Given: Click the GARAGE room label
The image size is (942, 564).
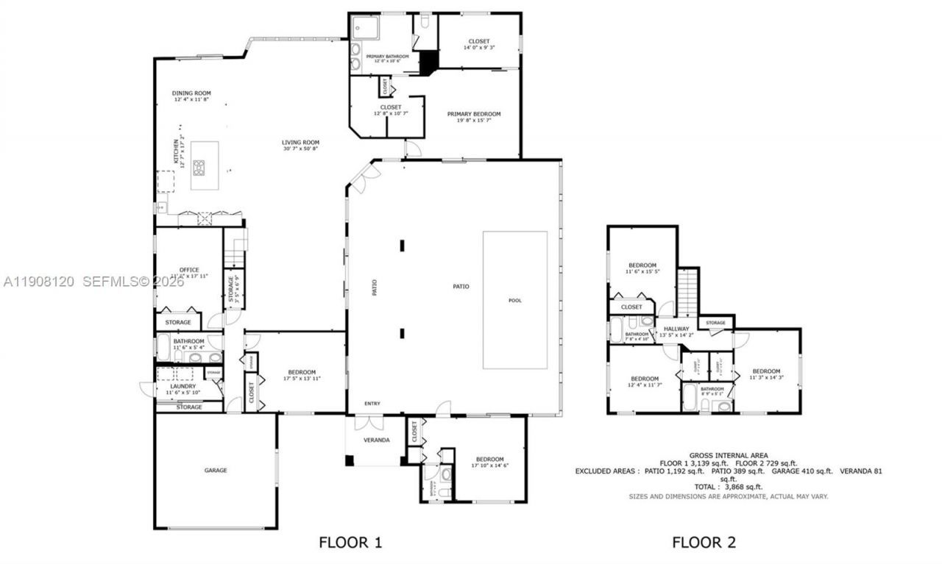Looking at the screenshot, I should coord(215,470).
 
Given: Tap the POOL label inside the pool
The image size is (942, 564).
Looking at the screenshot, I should coord(515,300).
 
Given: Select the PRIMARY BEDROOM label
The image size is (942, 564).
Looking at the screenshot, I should coord(474,114).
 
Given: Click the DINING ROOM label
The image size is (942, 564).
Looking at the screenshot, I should coord(191,93).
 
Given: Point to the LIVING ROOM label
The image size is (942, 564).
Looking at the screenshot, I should coord(300,143).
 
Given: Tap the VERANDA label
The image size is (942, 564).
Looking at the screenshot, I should coord(376,440).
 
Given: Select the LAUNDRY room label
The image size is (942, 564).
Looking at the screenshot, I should coord(183,386).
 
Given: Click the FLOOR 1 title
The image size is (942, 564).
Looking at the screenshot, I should coord(350,543).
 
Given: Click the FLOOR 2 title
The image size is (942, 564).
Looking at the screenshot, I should coord(704,543).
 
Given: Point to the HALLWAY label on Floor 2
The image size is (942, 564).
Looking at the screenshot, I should coord(676,329).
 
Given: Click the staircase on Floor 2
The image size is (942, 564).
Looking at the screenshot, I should coord(687,291).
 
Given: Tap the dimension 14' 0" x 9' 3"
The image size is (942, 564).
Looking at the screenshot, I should coord(478,48).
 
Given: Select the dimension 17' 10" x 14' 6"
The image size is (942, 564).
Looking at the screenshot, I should coord(489,465).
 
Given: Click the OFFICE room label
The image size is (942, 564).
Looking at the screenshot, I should coord(189,270).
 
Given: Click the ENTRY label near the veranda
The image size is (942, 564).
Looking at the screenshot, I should coord(373,404).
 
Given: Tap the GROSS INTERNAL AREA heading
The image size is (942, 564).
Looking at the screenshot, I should coord(728,455).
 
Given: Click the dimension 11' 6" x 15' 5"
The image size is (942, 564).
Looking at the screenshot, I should coord(642,271).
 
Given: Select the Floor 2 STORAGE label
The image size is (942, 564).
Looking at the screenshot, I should coord(715,323).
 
